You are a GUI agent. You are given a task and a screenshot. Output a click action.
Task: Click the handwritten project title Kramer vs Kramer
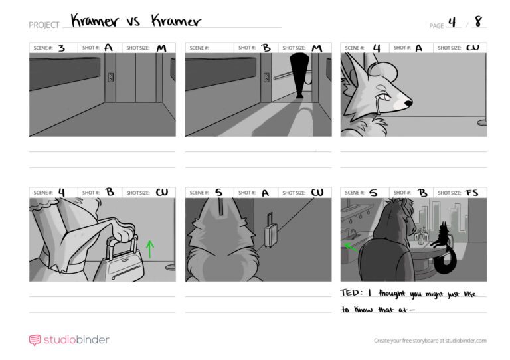point(136,21)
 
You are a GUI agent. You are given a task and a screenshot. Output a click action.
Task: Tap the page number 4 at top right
point(452,22)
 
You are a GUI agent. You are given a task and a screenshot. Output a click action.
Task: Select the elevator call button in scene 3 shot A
point(111,78)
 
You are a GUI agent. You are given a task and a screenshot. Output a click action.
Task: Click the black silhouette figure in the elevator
point(299,76)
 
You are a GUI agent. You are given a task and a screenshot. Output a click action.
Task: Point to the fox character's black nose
point(408,103)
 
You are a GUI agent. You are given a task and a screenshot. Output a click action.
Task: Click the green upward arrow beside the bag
point(149,249)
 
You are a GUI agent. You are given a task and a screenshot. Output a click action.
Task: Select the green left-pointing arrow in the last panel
point(351,247)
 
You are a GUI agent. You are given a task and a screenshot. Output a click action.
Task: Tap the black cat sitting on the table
point(443,247)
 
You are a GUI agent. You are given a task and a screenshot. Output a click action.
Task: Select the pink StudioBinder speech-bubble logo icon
point(35,340)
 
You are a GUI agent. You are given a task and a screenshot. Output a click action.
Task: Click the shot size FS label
point(471,193)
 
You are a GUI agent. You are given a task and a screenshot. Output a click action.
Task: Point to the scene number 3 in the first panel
point(62,48)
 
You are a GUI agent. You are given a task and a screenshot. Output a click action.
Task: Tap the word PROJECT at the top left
point(44,25)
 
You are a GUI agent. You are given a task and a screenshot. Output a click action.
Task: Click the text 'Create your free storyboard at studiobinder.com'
point(430,341)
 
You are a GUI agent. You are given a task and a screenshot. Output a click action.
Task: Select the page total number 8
point(478,21)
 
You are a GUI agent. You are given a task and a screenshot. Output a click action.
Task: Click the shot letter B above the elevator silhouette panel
point(266,48)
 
